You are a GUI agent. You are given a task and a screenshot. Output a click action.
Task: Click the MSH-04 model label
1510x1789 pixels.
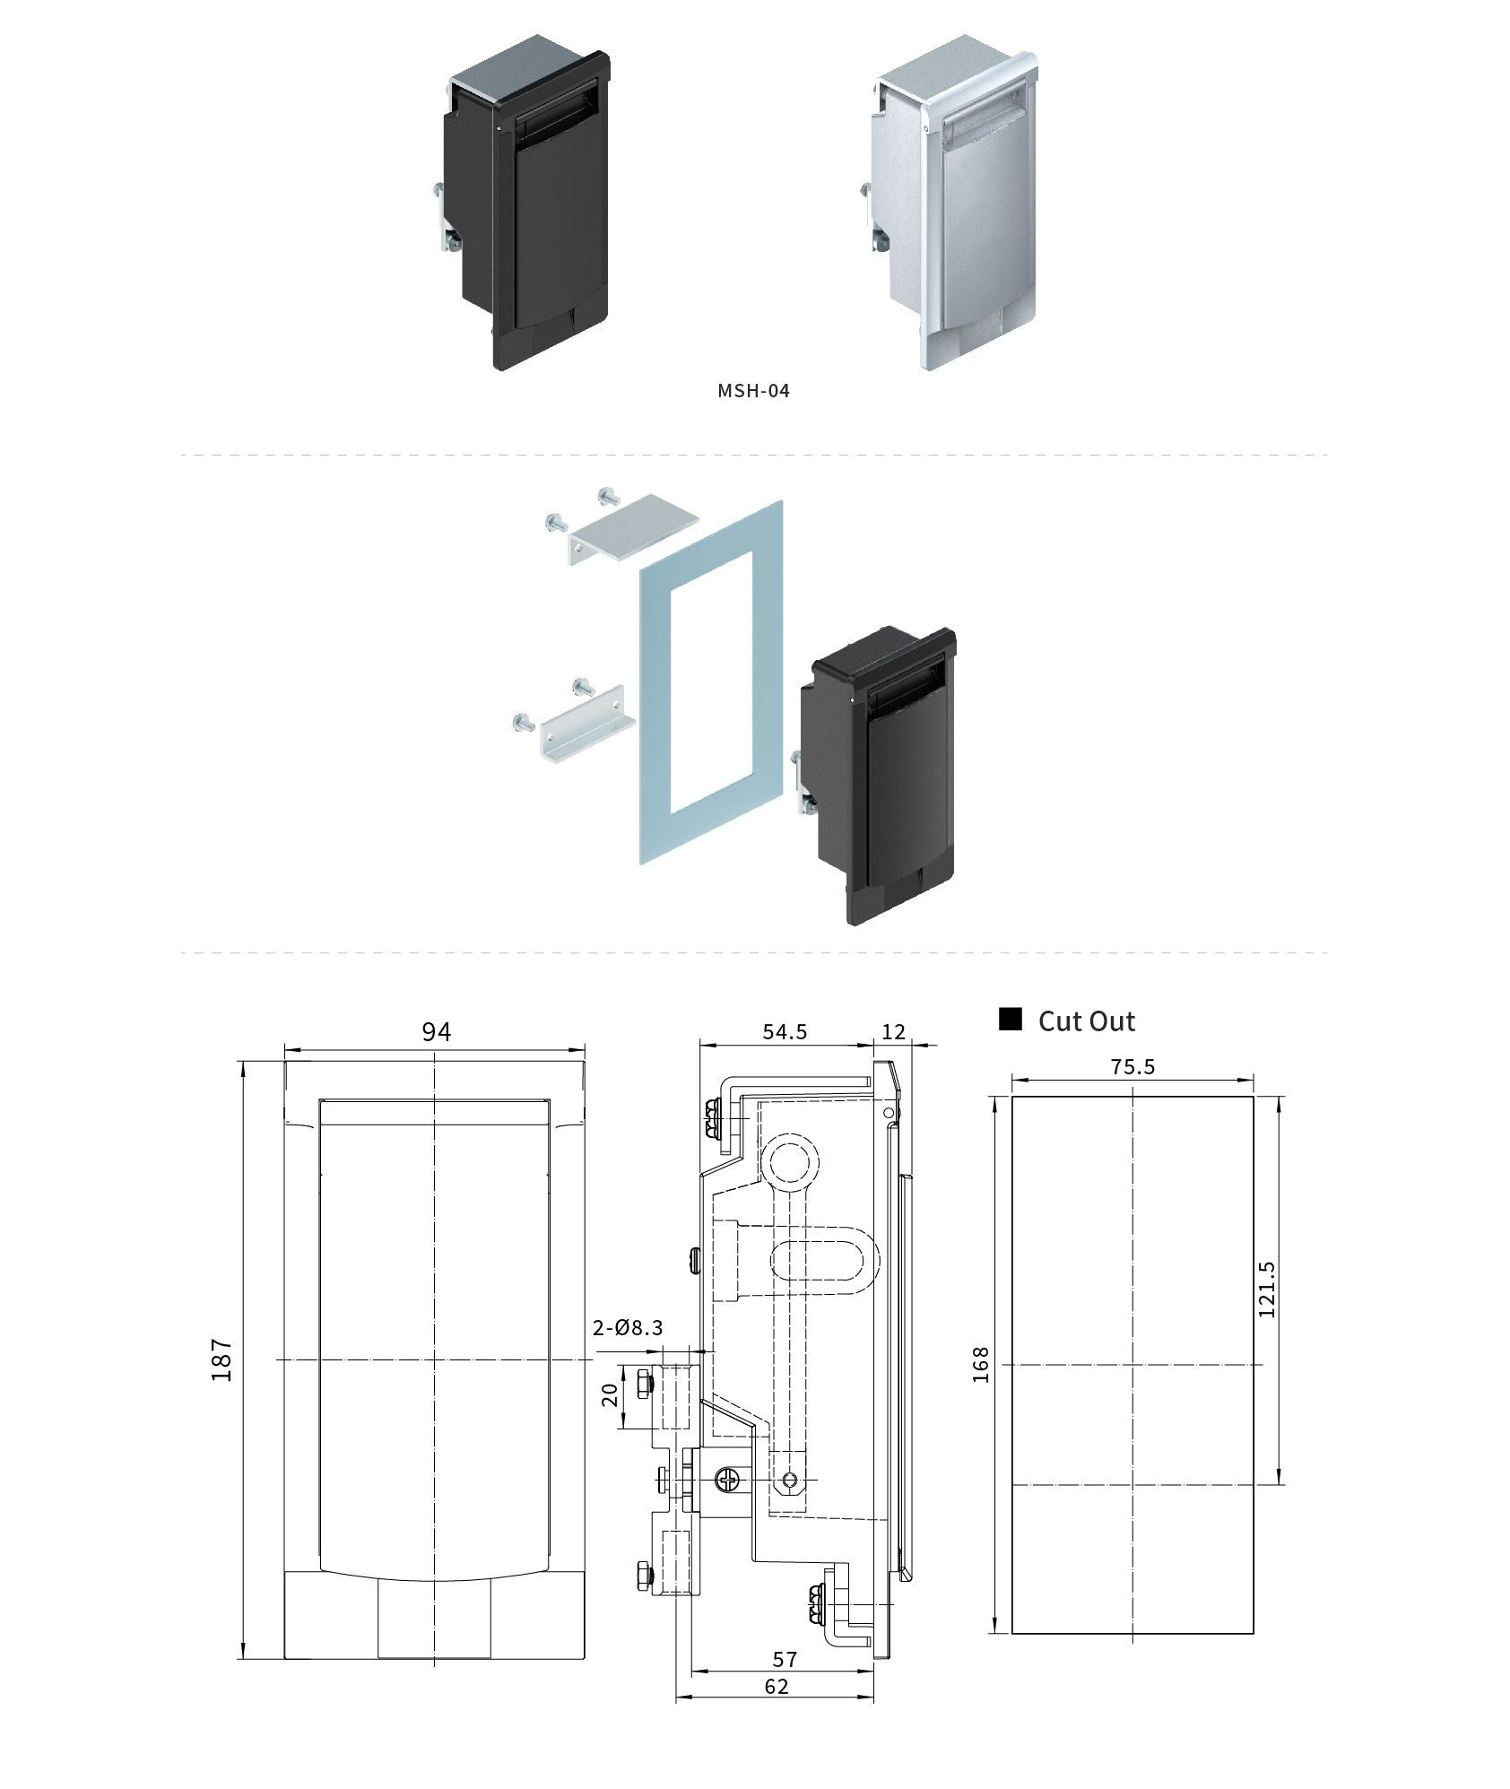(x=753, y=391)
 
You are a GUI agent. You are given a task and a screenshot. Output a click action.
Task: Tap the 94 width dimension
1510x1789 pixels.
(x=436, y=1032)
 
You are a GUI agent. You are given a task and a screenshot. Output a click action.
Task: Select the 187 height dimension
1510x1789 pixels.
(x=222, y=1359)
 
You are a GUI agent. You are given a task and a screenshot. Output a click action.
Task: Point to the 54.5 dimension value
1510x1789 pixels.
(x=785, y=1032)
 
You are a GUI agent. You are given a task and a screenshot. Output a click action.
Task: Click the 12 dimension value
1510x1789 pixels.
(x=894, y=1032)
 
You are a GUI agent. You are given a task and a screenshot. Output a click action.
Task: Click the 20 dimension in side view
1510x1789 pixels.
(x=610, y=1394)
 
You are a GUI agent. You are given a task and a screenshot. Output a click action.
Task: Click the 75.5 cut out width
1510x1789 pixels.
(x=1132, y=1067)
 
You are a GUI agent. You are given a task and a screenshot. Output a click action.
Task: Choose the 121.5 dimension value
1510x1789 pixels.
(x=1266, y=1289)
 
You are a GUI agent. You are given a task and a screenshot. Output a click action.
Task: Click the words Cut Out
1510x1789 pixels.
(x=1086, y=1021)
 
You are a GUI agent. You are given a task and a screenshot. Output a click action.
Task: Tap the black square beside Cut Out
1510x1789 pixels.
(x=1011, y=1020)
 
